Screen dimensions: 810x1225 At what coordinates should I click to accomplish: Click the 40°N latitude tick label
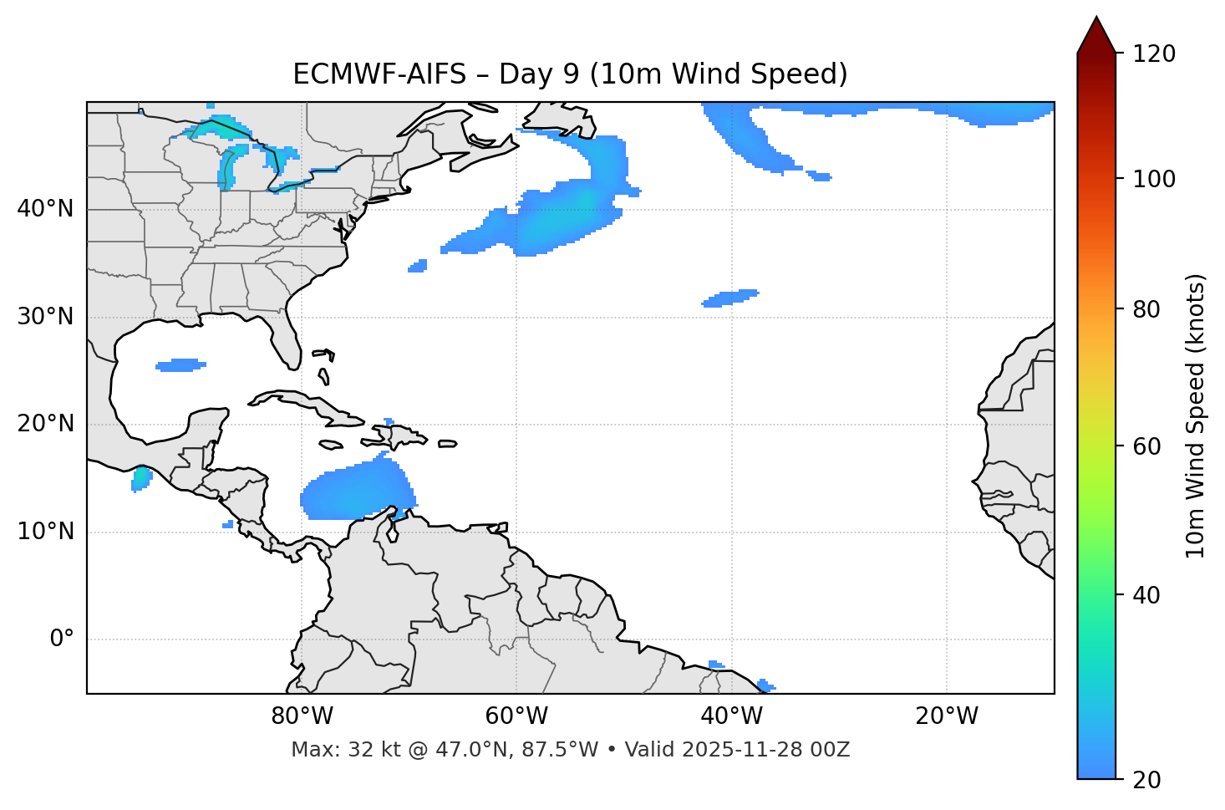[x=45, y=209]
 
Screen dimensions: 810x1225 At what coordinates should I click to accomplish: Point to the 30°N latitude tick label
[x=45, y=317]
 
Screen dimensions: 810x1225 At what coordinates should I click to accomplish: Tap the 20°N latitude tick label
[x=45, y=424]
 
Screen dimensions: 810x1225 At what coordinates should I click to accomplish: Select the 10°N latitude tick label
[x=45, y=532]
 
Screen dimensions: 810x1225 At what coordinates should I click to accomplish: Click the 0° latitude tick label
[x=62, y=639]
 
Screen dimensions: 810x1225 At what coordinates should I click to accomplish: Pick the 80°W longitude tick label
[x=302, y=716]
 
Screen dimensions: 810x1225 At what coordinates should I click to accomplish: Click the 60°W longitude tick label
[x=516, y=716]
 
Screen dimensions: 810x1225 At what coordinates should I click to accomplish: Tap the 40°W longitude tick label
[x=732, y=716]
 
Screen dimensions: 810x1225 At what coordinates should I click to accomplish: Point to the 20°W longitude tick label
[x=947, y=716]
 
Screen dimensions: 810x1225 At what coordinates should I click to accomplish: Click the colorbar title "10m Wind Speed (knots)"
[x=1196, y=415]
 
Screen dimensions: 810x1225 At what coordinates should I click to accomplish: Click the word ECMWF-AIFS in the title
[x=379, y=74]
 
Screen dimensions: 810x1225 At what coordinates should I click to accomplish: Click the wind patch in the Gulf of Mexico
[x=180, y=365]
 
